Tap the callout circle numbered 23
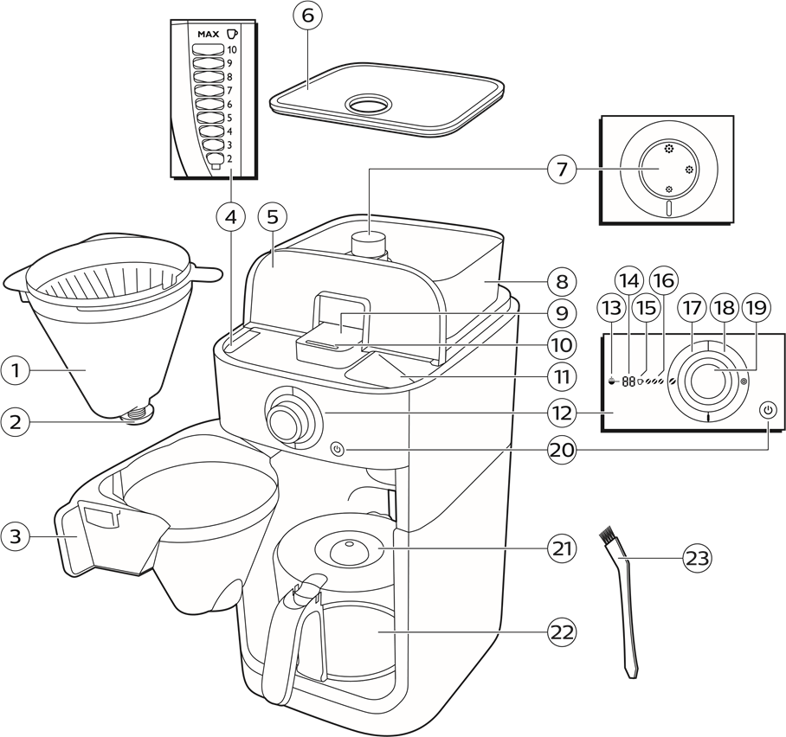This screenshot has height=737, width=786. [697, 559]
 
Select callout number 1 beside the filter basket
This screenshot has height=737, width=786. [16, 371]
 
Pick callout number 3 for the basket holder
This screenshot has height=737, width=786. [16, 535]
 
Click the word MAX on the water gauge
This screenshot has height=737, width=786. [207, 34]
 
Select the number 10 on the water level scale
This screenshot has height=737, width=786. [232, 50]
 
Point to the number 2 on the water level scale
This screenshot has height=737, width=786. [229, 161]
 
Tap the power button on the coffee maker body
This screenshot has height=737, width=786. [338, 449]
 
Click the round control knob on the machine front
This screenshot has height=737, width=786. [285, 419]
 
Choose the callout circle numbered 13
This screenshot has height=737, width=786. [610, 307]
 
